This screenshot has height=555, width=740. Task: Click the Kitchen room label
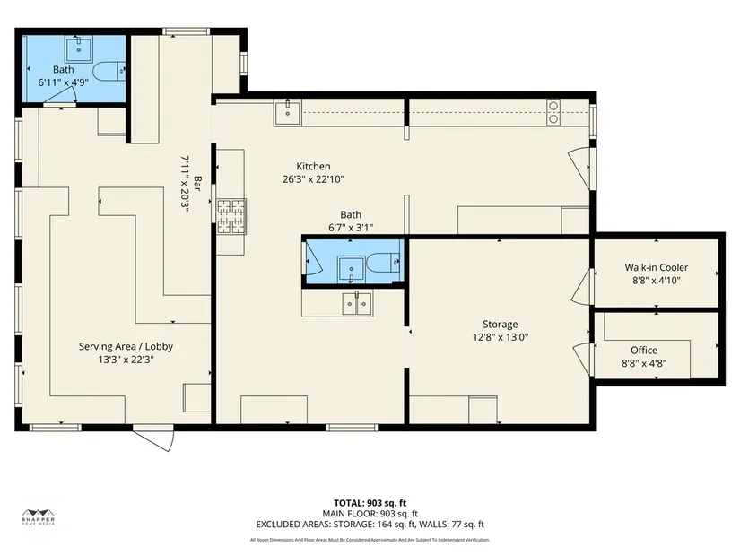313,166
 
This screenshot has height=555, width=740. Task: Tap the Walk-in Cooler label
656,267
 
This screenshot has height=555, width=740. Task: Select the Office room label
644,351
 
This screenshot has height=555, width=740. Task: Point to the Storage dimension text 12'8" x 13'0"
501,337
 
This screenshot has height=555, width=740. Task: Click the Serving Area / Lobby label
126,346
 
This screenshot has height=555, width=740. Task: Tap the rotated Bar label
197,184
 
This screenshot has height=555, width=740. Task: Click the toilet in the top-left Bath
109,71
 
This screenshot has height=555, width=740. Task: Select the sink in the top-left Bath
78,49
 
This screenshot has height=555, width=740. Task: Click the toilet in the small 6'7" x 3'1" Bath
383,263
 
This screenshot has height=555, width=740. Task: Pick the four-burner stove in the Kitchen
231,217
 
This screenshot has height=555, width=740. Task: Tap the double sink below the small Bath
357,303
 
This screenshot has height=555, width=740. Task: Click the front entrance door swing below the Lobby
153,438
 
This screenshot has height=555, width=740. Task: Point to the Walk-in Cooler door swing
582,287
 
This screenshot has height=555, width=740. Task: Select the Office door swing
583,360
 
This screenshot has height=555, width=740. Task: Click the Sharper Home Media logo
39,517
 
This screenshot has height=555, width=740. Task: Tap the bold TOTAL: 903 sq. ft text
370,503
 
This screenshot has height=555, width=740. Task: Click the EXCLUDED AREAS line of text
370,525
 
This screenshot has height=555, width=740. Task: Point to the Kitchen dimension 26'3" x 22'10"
313,179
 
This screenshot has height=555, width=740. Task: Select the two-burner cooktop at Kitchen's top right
553,112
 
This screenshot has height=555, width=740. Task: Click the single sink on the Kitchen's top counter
287,113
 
